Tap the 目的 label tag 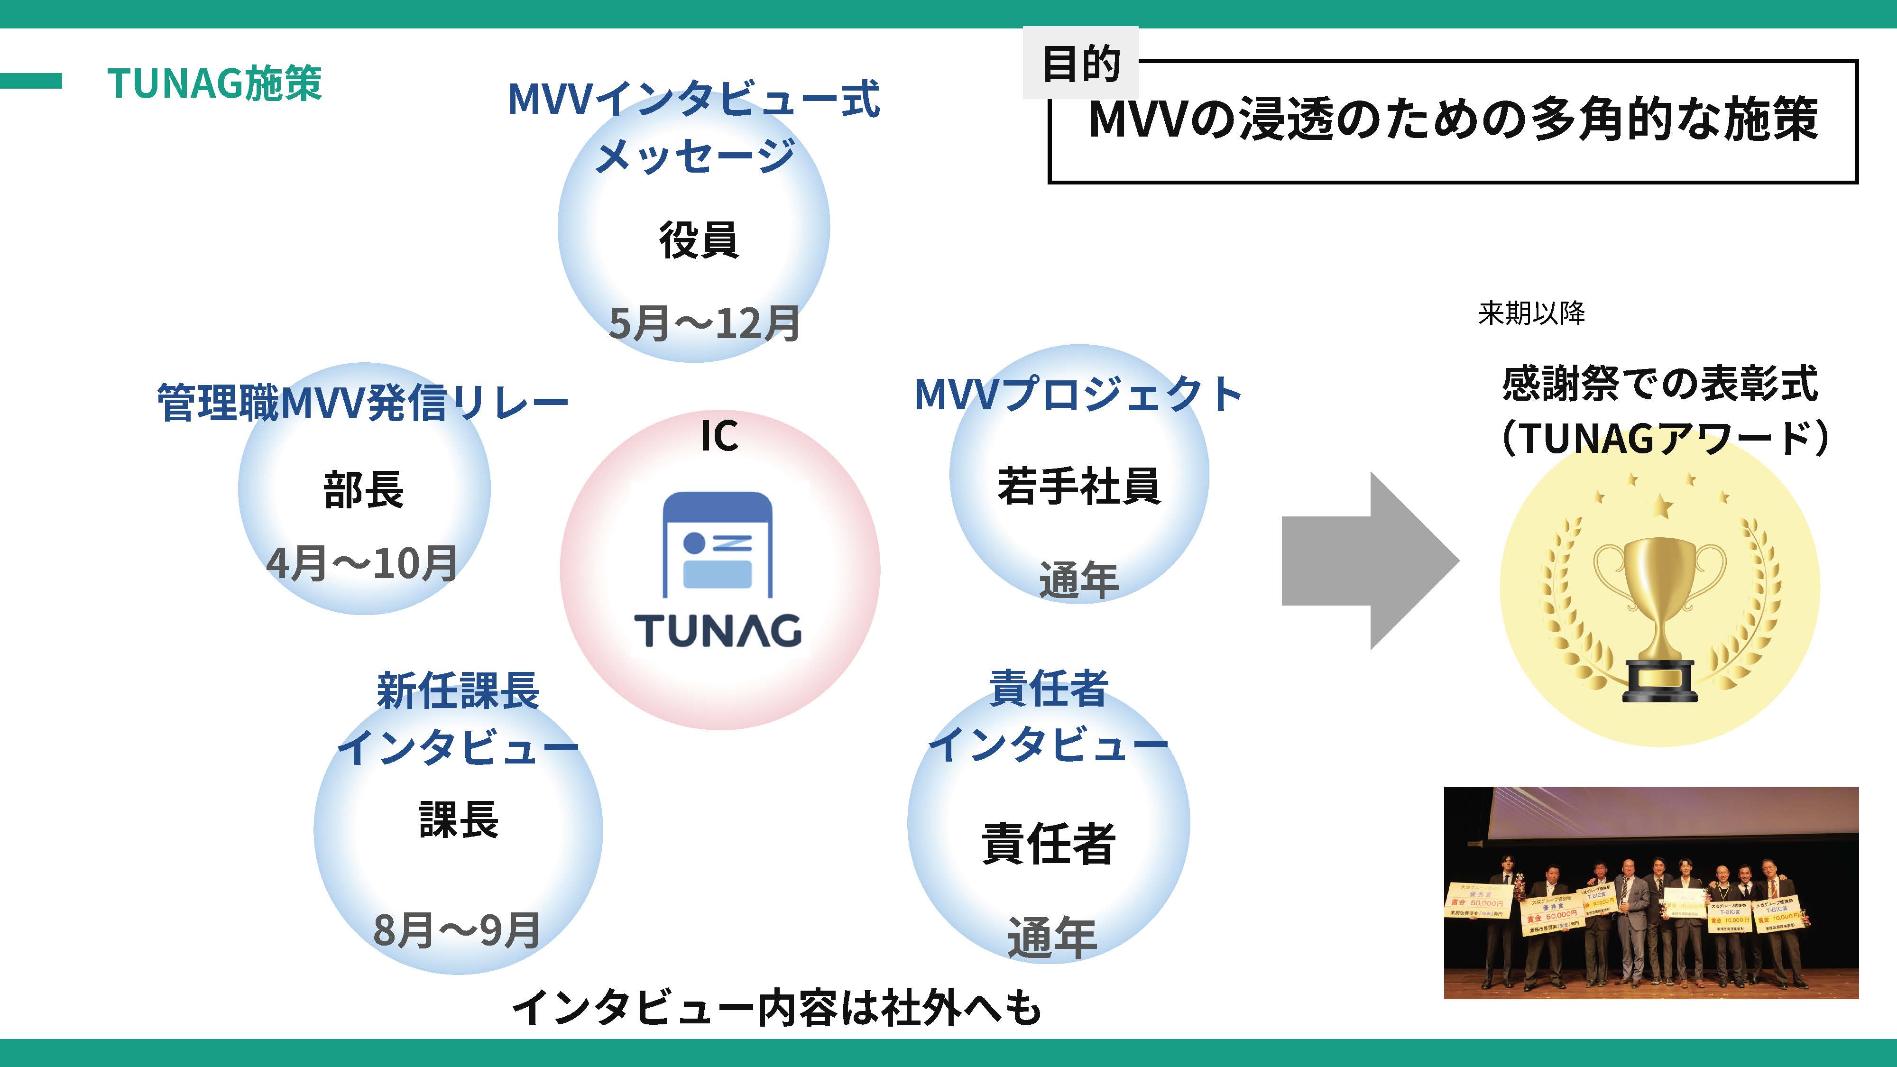tap(1080, 64)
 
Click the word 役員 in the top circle tap(698, 240)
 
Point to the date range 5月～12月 tap(704, 323)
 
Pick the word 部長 tap(364, 490)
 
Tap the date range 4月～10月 tap(362, 564)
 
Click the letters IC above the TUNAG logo tap(719, 436)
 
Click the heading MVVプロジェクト tap(1078, 395)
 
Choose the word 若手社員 tap(1079, 486)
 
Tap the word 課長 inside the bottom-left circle tap(459, 819)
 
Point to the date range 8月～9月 tap(457, 930)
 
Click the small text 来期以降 tap(1531, 313)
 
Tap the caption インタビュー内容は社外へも tap(777, 1007)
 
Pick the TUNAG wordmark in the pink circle tap(718, 631)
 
